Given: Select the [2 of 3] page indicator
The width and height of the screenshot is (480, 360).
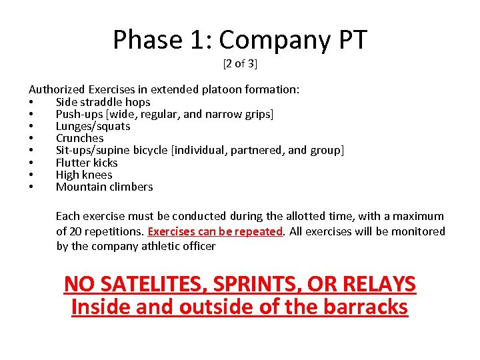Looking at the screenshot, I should [240, 64].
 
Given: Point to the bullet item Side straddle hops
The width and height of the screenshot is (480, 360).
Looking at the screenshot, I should [103, 102].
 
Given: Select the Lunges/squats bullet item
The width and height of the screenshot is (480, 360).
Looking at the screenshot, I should [93, 126].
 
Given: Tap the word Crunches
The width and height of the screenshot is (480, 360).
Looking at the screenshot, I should [79, 138].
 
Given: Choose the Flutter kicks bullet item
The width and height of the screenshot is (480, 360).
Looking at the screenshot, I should [87, 163].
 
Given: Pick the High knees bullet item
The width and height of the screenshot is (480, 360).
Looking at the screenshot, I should [84, 175].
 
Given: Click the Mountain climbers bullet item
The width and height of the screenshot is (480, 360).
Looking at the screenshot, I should [104, 187].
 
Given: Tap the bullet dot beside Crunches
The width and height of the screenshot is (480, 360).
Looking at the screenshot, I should [31, 139].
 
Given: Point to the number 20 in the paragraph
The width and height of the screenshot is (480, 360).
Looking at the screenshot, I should [76, 231].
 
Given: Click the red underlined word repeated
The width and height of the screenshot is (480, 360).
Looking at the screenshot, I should [257, 231].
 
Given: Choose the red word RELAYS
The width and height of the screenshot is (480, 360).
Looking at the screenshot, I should [377, 284].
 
